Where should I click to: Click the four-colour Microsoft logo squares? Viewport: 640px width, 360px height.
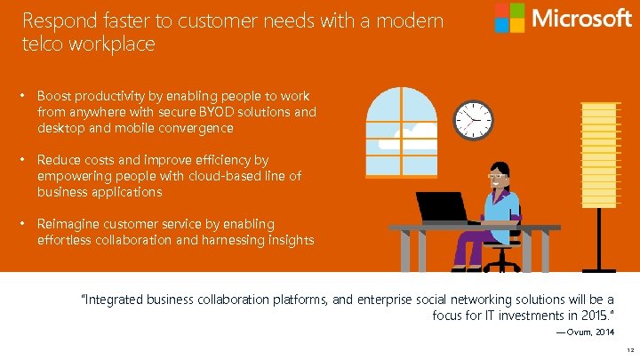coord(509,18)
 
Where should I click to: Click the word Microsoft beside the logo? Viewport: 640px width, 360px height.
coord(581,18)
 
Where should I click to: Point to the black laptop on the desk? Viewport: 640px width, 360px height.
coord(443,207)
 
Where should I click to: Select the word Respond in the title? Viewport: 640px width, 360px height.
coord(55,20)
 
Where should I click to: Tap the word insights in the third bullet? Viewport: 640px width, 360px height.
coord(286,240)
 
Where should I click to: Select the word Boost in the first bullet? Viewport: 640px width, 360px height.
coord(53,96)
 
